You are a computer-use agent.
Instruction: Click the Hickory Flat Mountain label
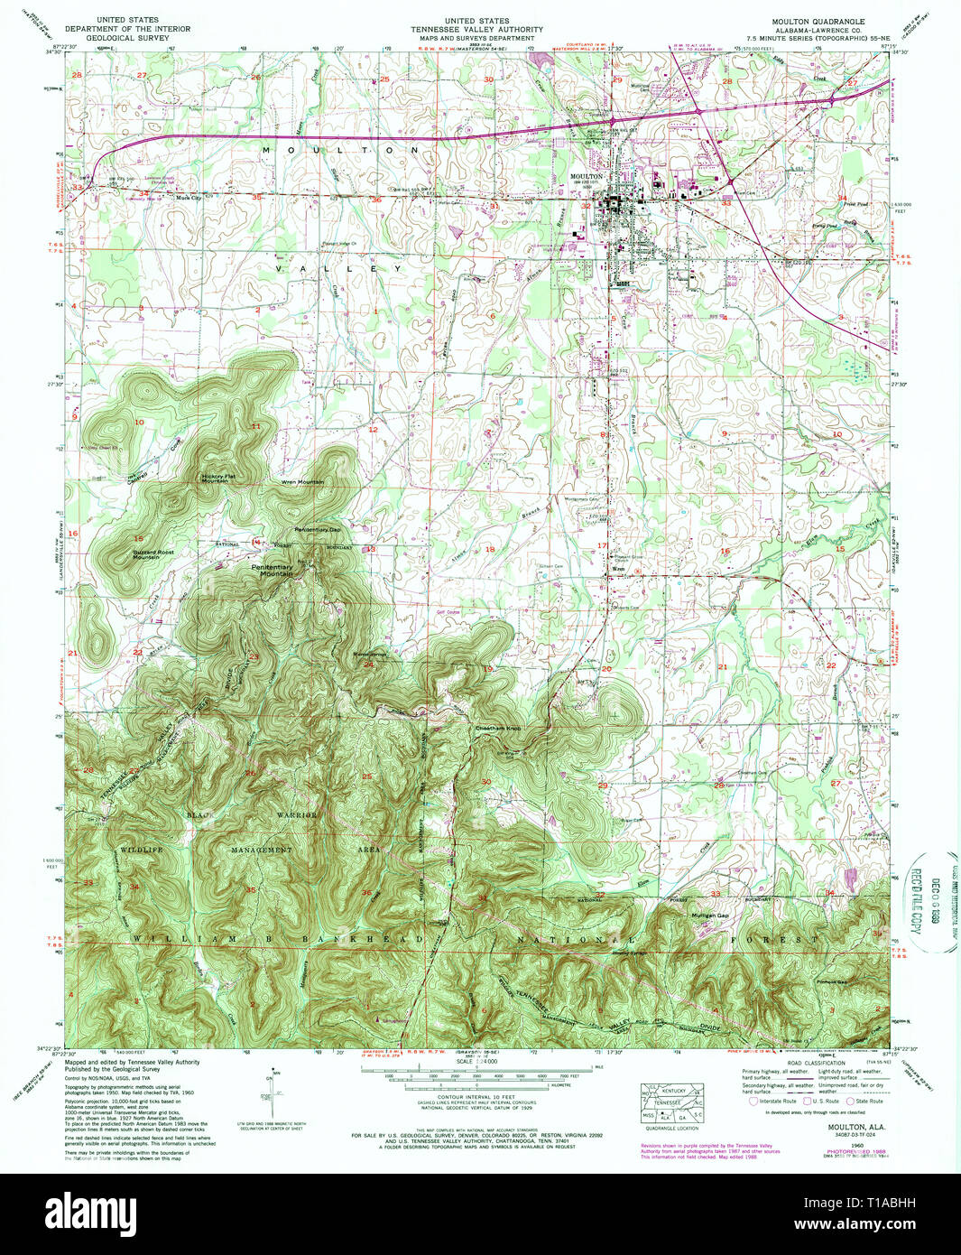(x=215, y=478)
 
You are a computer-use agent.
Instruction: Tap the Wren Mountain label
(x=302, y=482)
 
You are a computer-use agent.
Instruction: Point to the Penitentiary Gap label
(x=317, y=529)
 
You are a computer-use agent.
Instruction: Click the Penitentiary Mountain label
(x=276, y=571)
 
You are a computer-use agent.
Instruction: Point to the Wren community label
(x=619, y=569)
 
